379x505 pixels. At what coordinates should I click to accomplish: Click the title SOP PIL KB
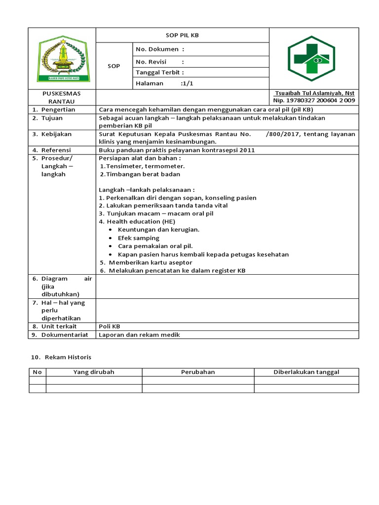click(x=182, y=36)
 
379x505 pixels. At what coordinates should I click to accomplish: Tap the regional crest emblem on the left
click(x=62, y=60)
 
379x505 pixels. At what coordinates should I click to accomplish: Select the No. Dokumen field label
click(x=159, y=49)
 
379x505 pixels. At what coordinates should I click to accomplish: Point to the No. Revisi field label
click(x=159, y=62)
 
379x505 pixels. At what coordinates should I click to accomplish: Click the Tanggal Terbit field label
click(x=159, y=72)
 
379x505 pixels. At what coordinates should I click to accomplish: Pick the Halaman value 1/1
click(x=188, y=83)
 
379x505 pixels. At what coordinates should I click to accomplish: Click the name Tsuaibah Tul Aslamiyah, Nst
click(x=314, y=93)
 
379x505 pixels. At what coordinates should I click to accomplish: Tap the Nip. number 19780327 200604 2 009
click(x=314, y=101)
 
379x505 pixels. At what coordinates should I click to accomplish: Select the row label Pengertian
click(x=58, y=109)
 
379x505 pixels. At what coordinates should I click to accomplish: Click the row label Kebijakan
click(x=56, y=134)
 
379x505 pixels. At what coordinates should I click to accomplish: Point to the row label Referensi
click(x=56, y=150)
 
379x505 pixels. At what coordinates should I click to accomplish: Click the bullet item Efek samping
click(x=139, y=238)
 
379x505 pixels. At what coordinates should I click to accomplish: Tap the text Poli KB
click(x=110, y=326)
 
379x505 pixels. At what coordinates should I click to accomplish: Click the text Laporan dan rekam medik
click(x=140, y=335)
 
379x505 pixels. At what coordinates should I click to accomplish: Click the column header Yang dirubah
click(x=94, y=372)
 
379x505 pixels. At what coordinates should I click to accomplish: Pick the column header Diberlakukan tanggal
click(x=306, y=372)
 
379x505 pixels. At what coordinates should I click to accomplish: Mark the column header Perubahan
click(x=198, y=372)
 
